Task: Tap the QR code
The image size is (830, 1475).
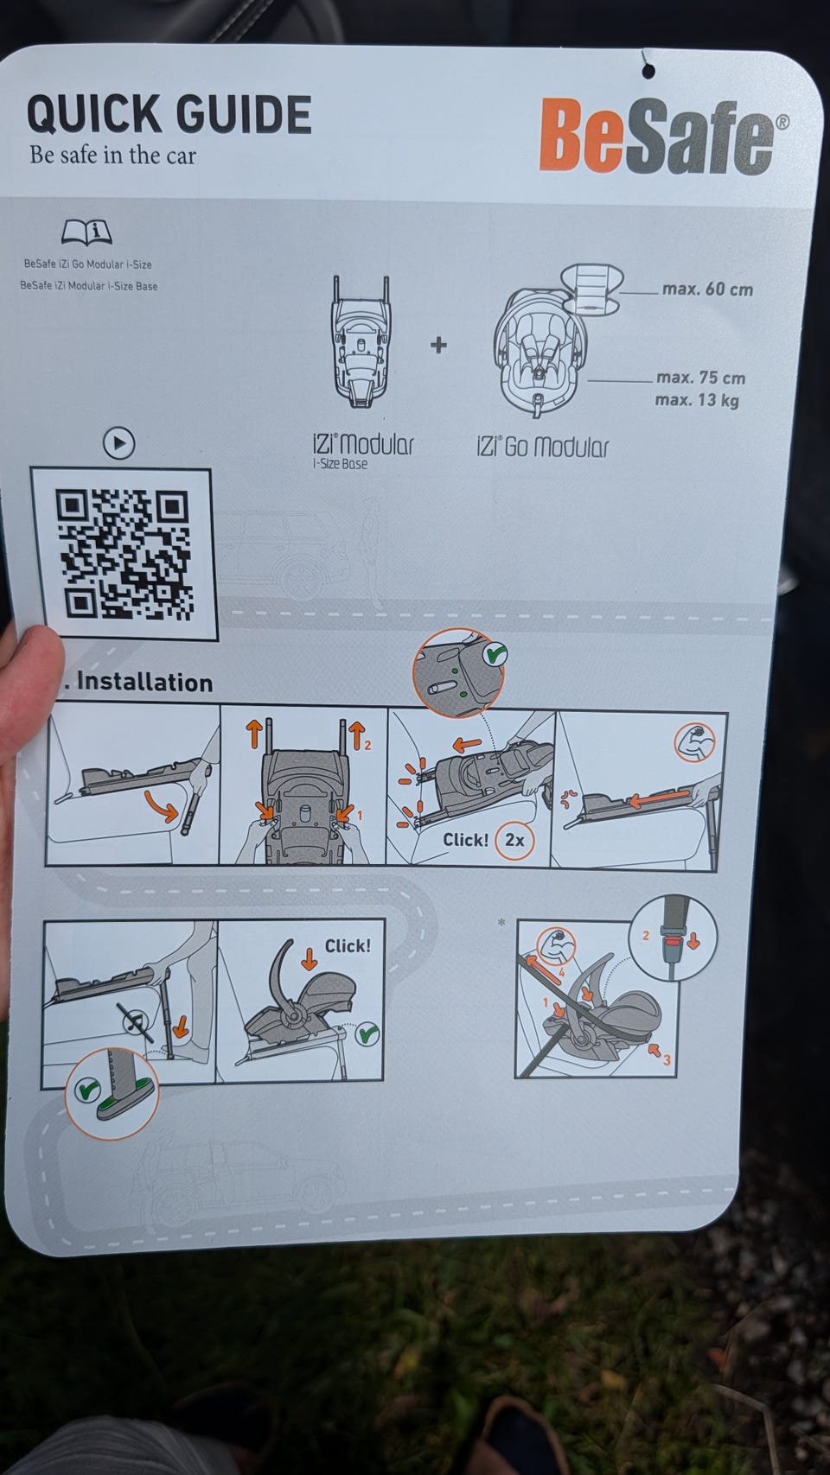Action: [x=124, y=555]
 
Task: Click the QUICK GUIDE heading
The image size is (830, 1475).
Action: [x=169, y=113]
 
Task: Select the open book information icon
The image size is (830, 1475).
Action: [x=86, y=231]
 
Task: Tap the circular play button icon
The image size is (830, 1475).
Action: [x=119, y=443]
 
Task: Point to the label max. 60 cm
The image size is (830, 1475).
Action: [x=707, y=289]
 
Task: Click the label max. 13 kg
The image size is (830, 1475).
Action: [x=696, y=400]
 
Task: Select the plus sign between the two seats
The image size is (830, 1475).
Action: [x=438, y=345]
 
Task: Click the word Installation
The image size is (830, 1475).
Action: [x=145, y=682]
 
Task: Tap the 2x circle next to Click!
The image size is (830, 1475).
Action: [x=514, y=840]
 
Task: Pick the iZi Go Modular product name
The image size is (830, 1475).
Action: [x=542, y=447]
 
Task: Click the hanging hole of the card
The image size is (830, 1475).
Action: [x=648, y=70]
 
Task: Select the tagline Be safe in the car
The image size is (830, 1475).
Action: [x=112, y=156]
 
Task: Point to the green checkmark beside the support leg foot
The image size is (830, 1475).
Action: [x=86, y=1090]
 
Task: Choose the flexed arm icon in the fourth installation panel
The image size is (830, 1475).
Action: [x=695, y=743]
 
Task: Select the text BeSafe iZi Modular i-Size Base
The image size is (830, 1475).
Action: [x=89, y=286]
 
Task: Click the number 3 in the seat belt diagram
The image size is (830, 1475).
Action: [x=667, y=1060]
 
